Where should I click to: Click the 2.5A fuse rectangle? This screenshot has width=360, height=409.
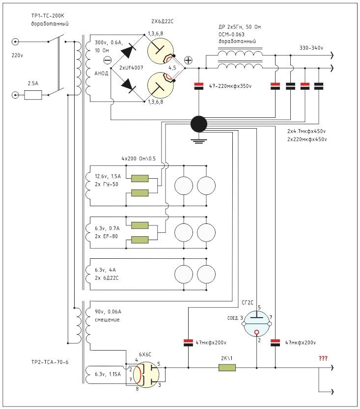coord(33,96)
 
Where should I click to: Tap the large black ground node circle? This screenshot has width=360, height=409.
coord(198,124)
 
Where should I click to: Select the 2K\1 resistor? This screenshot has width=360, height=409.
coord(227,367)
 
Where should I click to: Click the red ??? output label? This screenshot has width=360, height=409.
coord(323,358)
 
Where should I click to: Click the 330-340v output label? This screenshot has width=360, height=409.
coord(311,48)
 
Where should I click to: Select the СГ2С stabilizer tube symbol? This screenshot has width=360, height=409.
coord(257,321)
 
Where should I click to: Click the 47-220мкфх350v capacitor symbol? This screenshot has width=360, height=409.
coord(198,86)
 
